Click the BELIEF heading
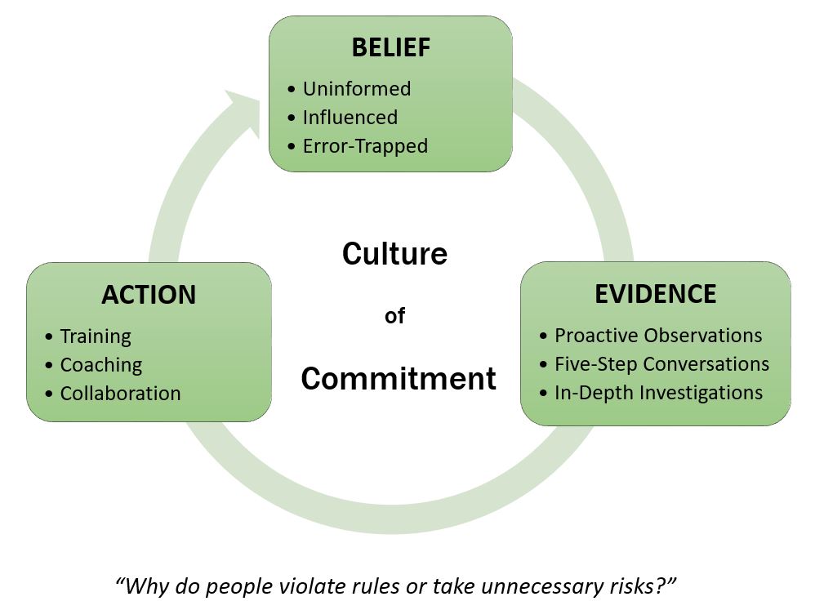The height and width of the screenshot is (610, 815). click(x=390, y=47)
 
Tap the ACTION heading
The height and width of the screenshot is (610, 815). click(x=149, y=295)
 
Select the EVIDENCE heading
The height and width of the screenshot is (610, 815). click(x=655, y=294)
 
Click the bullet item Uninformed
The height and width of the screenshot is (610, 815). click(x=356, y=89)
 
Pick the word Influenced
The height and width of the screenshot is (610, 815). click(x=350, y=118)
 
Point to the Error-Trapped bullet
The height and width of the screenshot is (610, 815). click(x=365, y=146)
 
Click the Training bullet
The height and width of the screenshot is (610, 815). click(x=96, y=336)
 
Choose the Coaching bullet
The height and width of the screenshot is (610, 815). click(x=101, y=365)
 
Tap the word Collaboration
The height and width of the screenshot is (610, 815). click(x=120, y=394)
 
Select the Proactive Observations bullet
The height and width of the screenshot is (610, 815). click(x=658, y=336)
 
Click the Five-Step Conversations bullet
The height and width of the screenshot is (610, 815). click(x=661, y=363)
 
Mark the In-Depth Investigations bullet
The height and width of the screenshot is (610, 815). click(x=658, y=393)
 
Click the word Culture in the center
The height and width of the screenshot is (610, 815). click(x=394, y=254)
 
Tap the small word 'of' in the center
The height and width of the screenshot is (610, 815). click(x=394, y=316)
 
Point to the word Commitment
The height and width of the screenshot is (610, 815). click(x=399, y=379)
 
